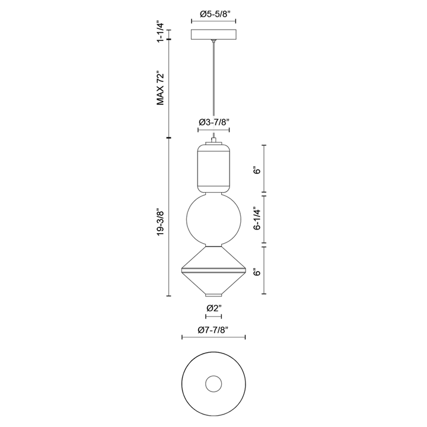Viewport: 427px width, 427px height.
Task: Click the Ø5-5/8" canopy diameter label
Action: (x=213, y=14)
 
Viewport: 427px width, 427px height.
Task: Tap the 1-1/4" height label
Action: (x=161, y=33)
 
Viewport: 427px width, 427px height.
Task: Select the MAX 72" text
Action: (x=160, y=89)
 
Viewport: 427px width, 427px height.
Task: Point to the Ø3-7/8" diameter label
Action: (x=213, y=122)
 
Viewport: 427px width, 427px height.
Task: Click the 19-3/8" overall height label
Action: (x=161, y=222)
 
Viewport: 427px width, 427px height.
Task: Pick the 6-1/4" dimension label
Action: (x=257, y=220)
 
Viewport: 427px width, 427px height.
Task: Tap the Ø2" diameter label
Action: (x=213, y=308)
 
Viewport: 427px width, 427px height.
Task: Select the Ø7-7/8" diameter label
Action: (x=213, y=330)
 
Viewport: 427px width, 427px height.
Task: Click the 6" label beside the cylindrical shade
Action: (x=257, y=171)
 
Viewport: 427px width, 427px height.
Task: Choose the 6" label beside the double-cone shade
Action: (x=257, y=272)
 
